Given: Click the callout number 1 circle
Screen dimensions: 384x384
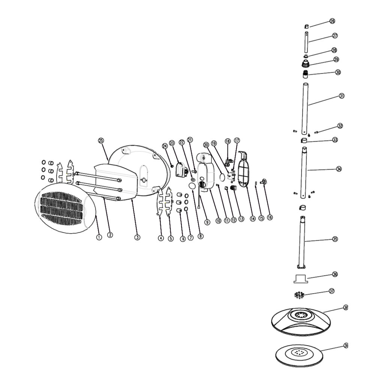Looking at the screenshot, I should click(x=99, y=237).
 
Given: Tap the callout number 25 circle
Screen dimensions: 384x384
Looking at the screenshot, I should click(x=100, y=140).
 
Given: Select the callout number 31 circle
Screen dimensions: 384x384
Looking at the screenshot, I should click(x=342, y=96).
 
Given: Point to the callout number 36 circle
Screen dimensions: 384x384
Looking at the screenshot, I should click(x=335, y=274).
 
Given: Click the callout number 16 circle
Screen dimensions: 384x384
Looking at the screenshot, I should click(x=270, y=217).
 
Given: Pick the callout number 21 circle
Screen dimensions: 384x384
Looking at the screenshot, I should click(x=190, y=140).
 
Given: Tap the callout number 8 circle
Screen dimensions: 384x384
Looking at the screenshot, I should click(x=201, y=236).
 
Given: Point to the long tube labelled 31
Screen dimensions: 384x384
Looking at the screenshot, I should click(x=306, y=109).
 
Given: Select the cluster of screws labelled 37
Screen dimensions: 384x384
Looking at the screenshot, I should click(x=299, y=295).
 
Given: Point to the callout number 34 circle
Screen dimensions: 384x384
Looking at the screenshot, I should click(x=339, y=169).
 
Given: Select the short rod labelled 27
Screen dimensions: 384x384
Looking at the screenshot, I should click(x=306, y=43).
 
